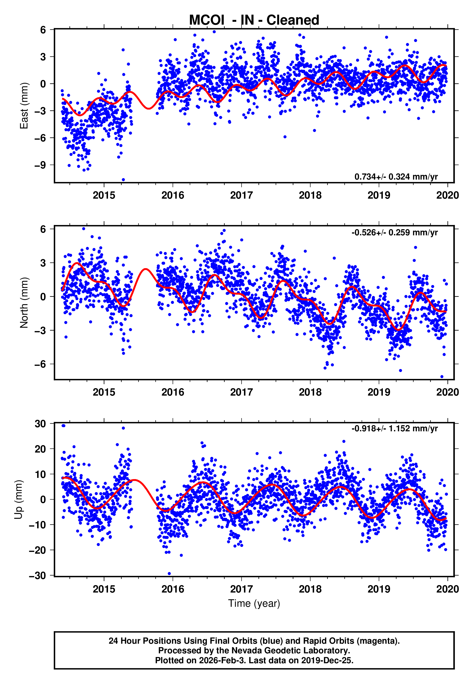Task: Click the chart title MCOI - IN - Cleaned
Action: click(254, 20)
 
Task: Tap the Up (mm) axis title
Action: click(18, 500)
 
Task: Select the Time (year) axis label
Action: click(254, 604)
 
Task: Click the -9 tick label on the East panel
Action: click(40, 165)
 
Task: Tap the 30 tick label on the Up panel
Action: click(40, 424)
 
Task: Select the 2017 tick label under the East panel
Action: click(241, 195)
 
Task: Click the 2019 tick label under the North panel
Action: click(379, 392)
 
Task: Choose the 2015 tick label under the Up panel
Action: click(104, 589)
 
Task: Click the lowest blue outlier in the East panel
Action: click(123, 180)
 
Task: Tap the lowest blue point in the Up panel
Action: click(169, 574)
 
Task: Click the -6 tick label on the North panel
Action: click(40, 364)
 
